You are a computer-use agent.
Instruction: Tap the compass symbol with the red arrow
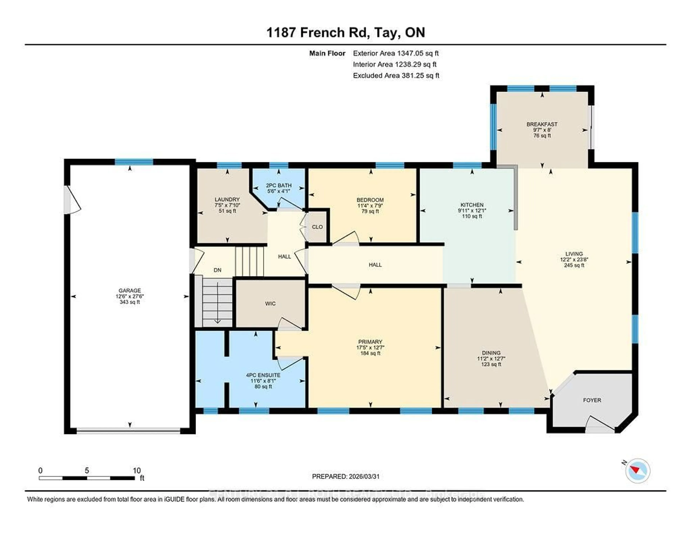click(x=638, y=480)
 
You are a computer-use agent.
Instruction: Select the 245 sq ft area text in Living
click(x=574, y=265)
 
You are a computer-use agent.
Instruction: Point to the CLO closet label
click(x=317, y=227)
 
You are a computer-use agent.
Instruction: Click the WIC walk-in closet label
click(x=270, y=304)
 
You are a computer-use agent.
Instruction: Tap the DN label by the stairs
click(x=217, y=270)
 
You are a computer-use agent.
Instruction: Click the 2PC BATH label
click(x=279, y=185)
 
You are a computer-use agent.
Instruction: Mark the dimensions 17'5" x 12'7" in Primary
click(x=370, y=347)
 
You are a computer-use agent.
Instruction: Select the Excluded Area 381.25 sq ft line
click(x=396, y=75)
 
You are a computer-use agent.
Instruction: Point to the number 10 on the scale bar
click(x=137, y=470)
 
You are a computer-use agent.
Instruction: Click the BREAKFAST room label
click(x=542, y=124)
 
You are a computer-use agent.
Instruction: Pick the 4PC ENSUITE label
click(x=263, y=375)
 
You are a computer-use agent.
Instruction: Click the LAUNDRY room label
click(x=227, y=199)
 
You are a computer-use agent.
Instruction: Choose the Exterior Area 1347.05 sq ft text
click(x=396, y=53)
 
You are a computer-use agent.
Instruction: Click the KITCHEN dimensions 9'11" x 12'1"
click(x=472, y=210)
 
